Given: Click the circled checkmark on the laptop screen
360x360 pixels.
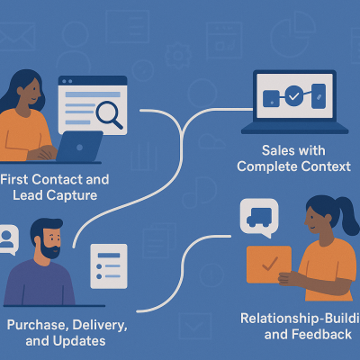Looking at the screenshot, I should pos(293,94).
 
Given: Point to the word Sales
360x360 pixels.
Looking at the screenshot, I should pos(257,149).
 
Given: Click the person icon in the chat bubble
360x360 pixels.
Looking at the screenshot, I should pos(8,238).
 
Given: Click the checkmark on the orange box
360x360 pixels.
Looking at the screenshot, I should pos(268,265).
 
